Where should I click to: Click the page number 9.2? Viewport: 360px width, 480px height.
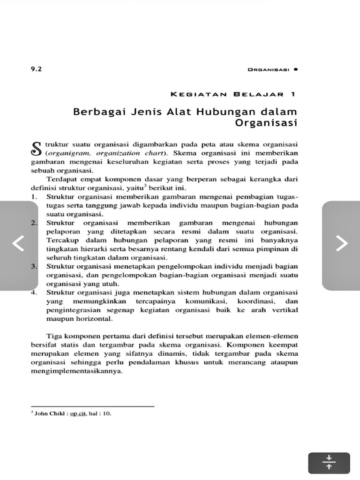(x=36, y=69)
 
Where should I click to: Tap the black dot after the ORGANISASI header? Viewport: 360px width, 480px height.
(x=296, y=69)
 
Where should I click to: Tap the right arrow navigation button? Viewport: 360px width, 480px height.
(x=341, y=243)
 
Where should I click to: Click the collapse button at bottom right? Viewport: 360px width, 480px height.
(x=329, y=462)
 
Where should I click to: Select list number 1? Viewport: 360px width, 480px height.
(x=34, y=196)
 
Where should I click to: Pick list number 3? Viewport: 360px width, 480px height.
(x=34, y=266)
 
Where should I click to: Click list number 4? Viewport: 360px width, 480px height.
(x=34, y=292)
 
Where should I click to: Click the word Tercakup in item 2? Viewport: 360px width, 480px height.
(x=60, y=240)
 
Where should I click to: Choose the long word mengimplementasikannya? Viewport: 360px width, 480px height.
(x=76, y=371)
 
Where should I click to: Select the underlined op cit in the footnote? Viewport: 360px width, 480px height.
(x=79, y=414)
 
